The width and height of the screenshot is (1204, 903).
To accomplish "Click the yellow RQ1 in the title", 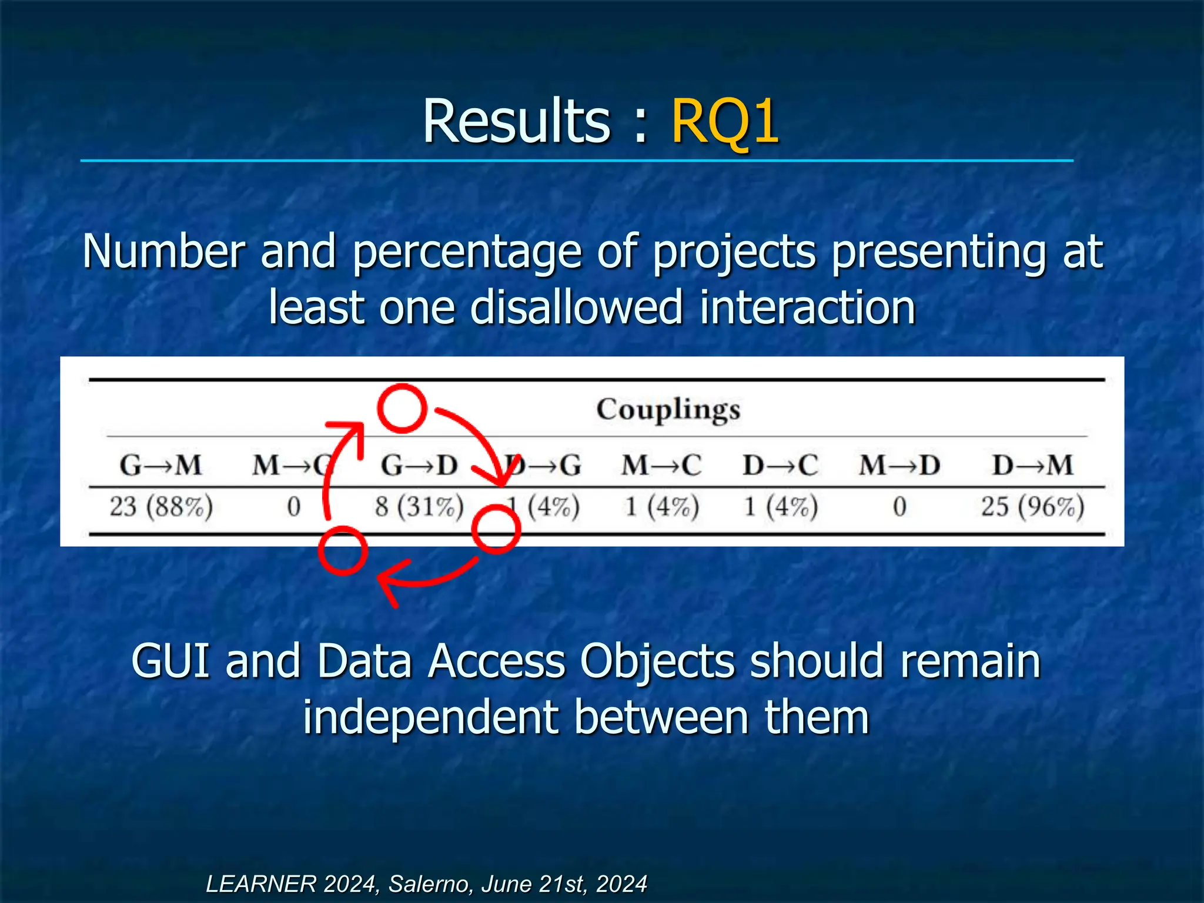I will [x=725, y=122].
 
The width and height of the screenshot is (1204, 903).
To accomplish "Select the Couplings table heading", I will [x=668, y=410].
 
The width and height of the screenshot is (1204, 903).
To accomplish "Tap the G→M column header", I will [x=160, y=466].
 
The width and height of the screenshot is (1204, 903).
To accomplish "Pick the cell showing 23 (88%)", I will [x=161, y=506].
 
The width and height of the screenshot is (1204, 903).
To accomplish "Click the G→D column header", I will [x=419, y=466].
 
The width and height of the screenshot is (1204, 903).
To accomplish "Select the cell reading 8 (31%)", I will [x=419, y=506].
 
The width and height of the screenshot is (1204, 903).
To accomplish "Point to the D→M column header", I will [x=1032, y=466].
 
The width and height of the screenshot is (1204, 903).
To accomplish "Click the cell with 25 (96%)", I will [x=1032, y=506].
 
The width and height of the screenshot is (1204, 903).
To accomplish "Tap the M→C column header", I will [x=661, y=466].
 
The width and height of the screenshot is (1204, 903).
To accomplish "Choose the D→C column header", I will [x=780, y=466].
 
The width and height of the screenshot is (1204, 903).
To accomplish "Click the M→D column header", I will [x=899, y=466].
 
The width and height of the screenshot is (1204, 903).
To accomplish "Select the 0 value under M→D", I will [x=899, y=506].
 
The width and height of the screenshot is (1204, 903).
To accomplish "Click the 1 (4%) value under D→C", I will [x=780, y=506].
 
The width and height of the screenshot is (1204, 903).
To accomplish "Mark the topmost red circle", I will [x=402, y=409].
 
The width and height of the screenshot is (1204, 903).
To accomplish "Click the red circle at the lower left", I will [x=343, y=550].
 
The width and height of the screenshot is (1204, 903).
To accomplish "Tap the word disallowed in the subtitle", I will [x=576, y=308].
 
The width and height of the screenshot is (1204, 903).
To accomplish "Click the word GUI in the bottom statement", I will [x=170, y=661].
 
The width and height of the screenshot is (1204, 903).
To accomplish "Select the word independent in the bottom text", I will [x=432, y=717].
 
